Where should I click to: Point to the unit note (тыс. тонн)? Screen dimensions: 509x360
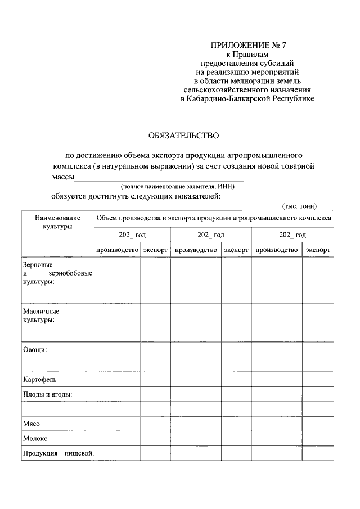[300, 206]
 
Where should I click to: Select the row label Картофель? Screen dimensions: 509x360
[39, 380]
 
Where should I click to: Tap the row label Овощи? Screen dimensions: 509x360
[34, 349]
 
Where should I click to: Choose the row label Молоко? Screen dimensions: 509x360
[35, 439]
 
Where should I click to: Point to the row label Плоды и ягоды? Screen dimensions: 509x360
[48, 394]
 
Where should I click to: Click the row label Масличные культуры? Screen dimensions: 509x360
[41, 315]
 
